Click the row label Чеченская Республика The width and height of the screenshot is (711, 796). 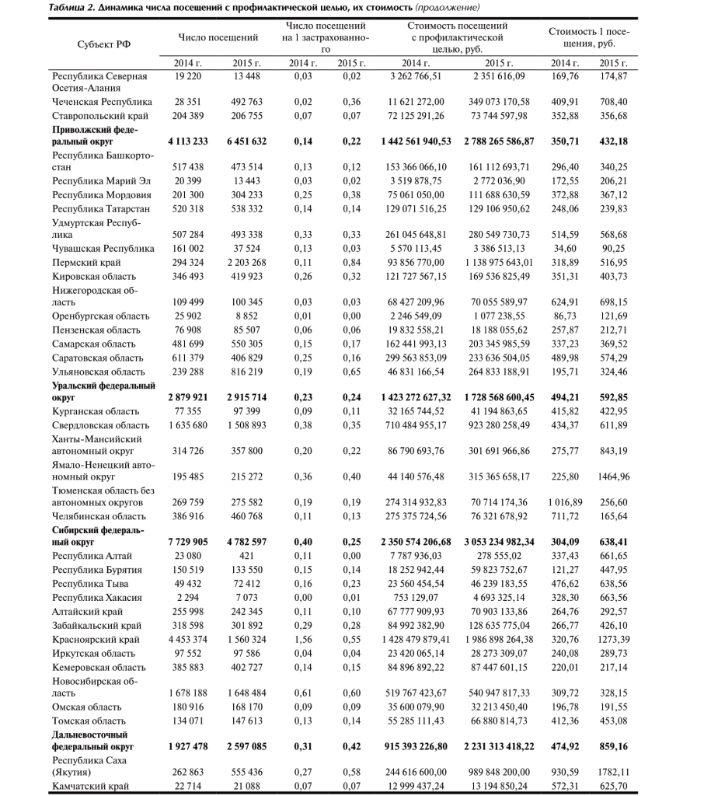tap(102, 102)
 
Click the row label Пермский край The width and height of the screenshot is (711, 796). tap(85, 262)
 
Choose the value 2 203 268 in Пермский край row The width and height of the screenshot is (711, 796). tap(247, 262)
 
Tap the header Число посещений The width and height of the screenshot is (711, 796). tap(218, 37)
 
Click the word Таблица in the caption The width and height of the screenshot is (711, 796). tap(69, 7)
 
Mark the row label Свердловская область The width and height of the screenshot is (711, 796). tap(100, 424)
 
